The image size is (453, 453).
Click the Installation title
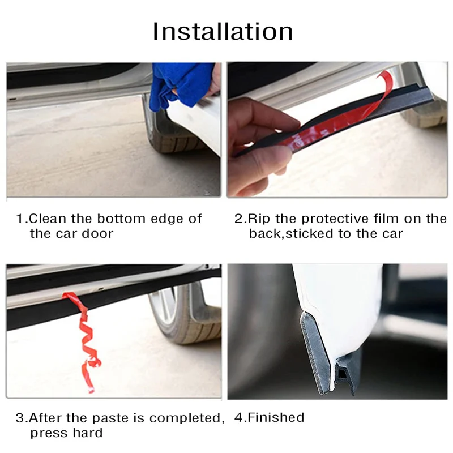[223, 32]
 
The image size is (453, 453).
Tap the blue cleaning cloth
[181, 84]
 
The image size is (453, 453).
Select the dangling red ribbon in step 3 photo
[84, 341]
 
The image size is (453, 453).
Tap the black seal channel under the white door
[347, 373]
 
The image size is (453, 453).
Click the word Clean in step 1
[48, 219]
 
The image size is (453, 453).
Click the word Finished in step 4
[276, 418]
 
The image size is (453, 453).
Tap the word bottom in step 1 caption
[121, 219]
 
